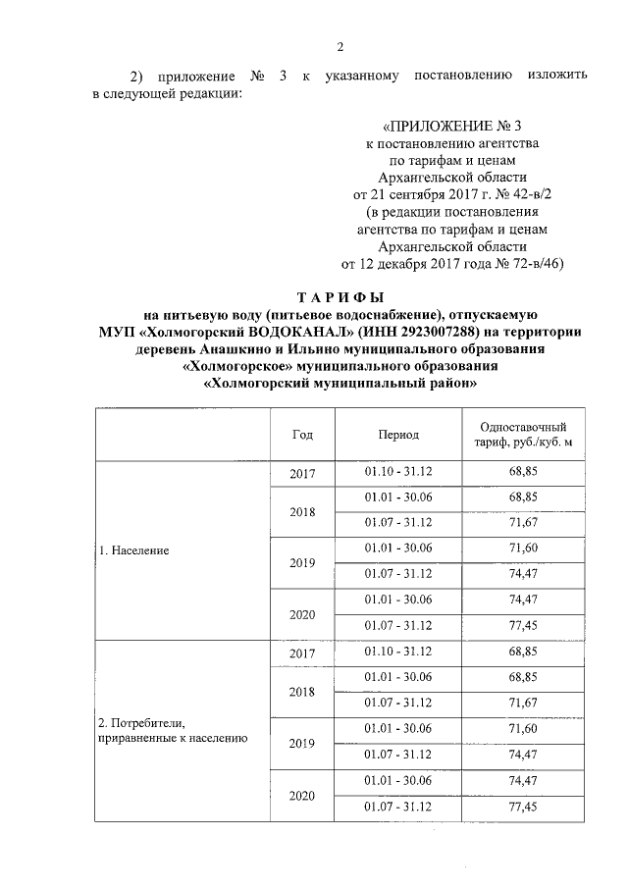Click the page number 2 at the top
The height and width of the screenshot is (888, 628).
[340, 48]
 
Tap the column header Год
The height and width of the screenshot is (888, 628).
[303, 435]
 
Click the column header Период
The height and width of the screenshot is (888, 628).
[398, 435]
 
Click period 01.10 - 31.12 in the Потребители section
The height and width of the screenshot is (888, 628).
[398, 652]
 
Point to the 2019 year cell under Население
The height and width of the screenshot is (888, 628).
[303, 563]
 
